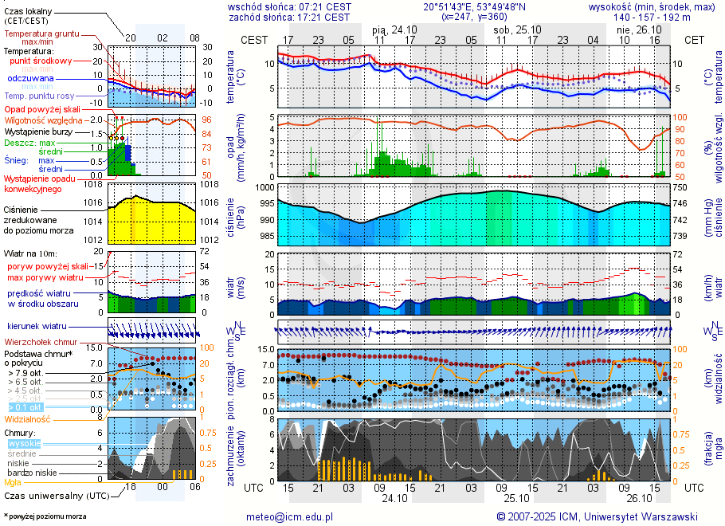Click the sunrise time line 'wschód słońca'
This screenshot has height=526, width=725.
289,6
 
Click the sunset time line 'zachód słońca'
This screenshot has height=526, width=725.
289,17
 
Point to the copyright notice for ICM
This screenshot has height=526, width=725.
597,516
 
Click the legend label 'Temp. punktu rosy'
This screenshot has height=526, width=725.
39,96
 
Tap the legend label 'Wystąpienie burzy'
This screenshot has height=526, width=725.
37,131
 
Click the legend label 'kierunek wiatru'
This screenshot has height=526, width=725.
37,327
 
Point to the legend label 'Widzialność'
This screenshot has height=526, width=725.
28,418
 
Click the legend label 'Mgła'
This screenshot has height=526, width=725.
13,482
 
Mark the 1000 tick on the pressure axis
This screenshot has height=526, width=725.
265,186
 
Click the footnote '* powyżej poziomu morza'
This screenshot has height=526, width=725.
44,516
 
